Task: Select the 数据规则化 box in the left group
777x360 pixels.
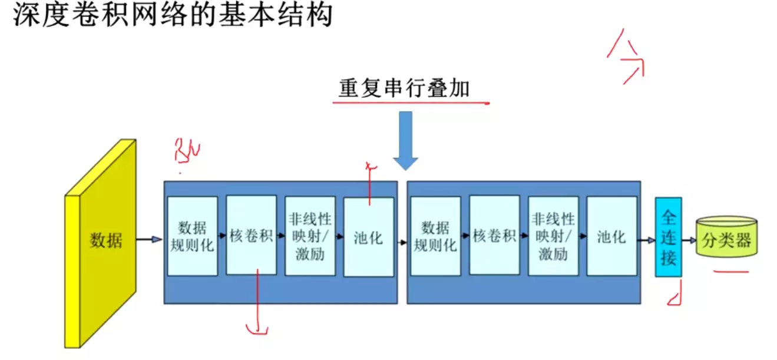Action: (192, 236)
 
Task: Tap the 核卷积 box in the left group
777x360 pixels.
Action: (251, 235)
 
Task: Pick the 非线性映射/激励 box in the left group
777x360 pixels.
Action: (310, 236)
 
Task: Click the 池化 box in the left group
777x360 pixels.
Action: (368, 237)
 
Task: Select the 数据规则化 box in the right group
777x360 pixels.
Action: (435, 236)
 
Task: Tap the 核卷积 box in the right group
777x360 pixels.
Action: (494, 235)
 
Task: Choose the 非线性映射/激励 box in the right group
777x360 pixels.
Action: (553, 236)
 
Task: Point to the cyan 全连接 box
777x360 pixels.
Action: (668, 237)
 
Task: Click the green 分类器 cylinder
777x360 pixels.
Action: (726, 238)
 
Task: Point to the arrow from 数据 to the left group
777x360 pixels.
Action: (149, 239)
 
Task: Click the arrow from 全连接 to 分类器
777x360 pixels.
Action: (689, 240)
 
